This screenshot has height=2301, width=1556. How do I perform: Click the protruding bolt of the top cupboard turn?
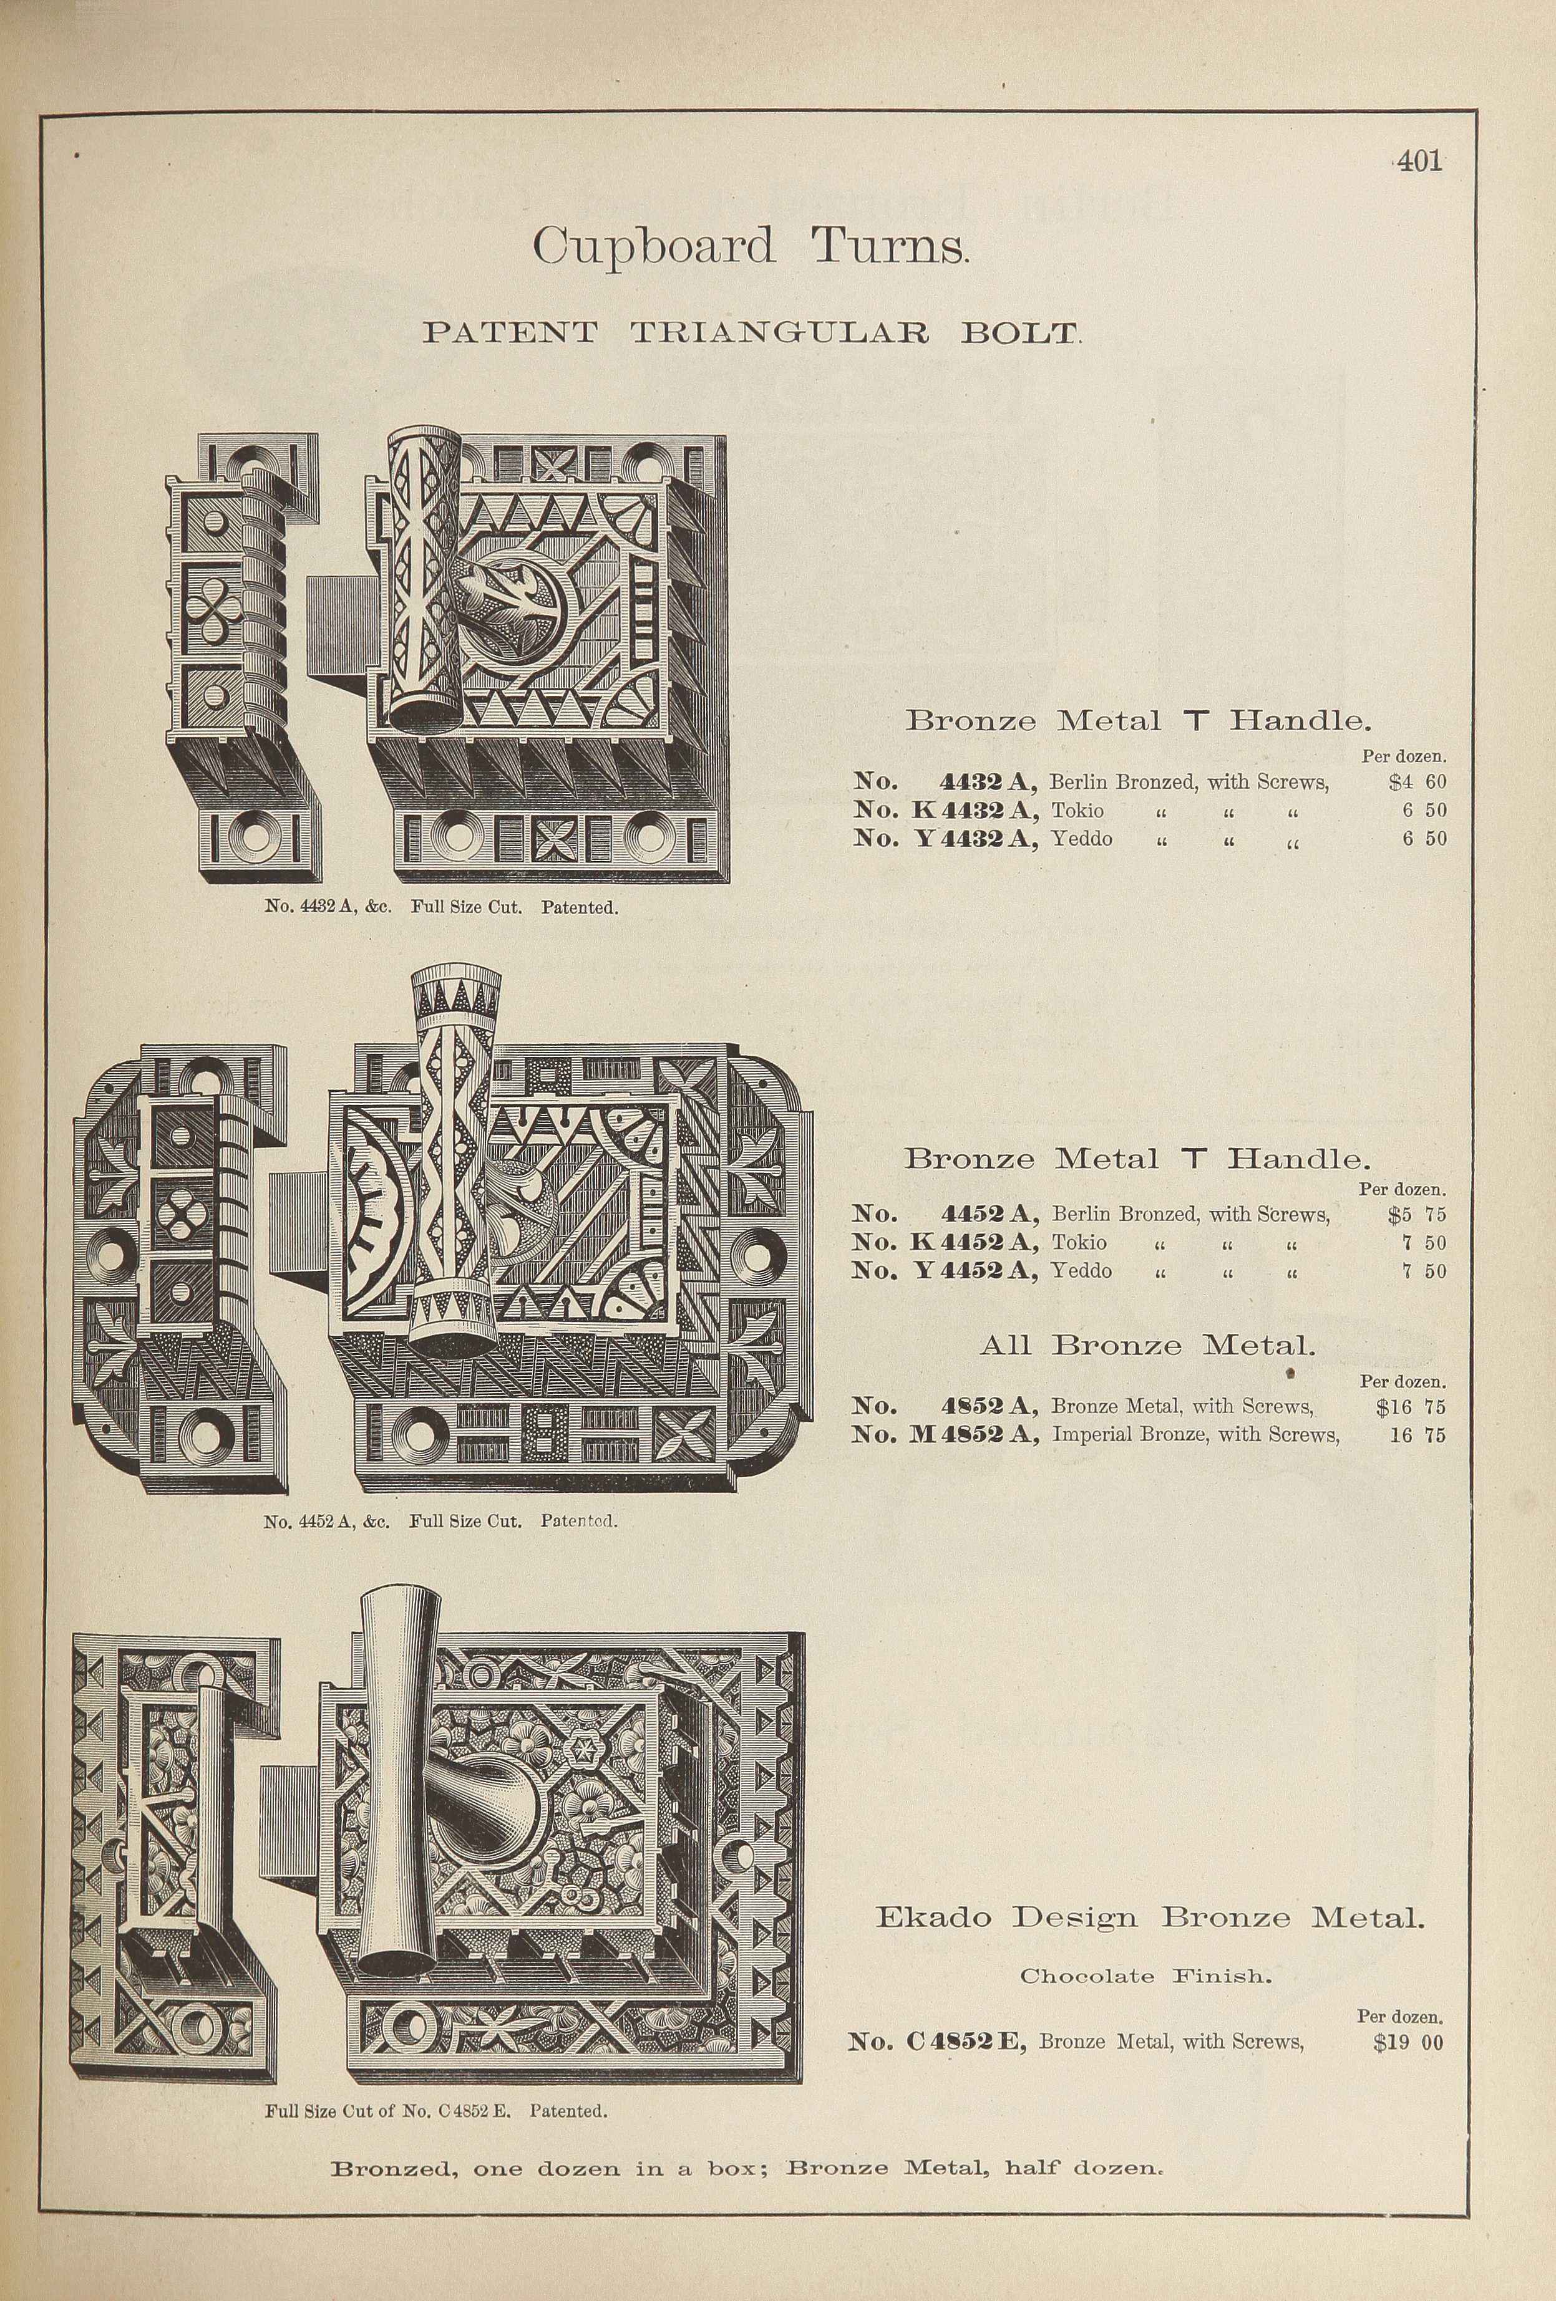tap(337, 628)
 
